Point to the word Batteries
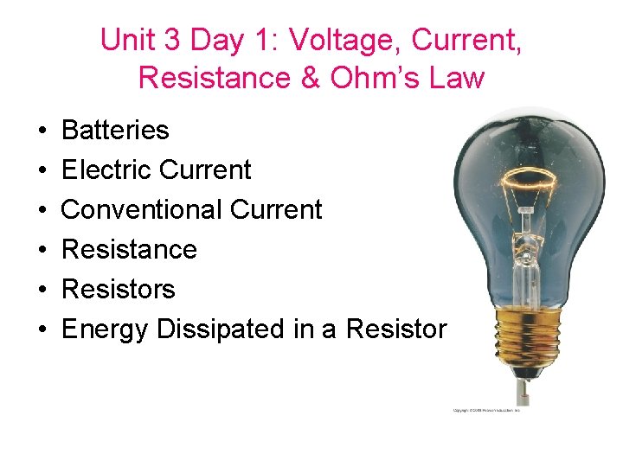point(115,131)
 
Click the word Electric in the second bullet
point(106,170)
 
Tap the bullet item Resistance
point(130,250)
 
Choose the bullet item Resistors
point(119,290)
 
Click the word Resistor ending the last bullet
point(396,329)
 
